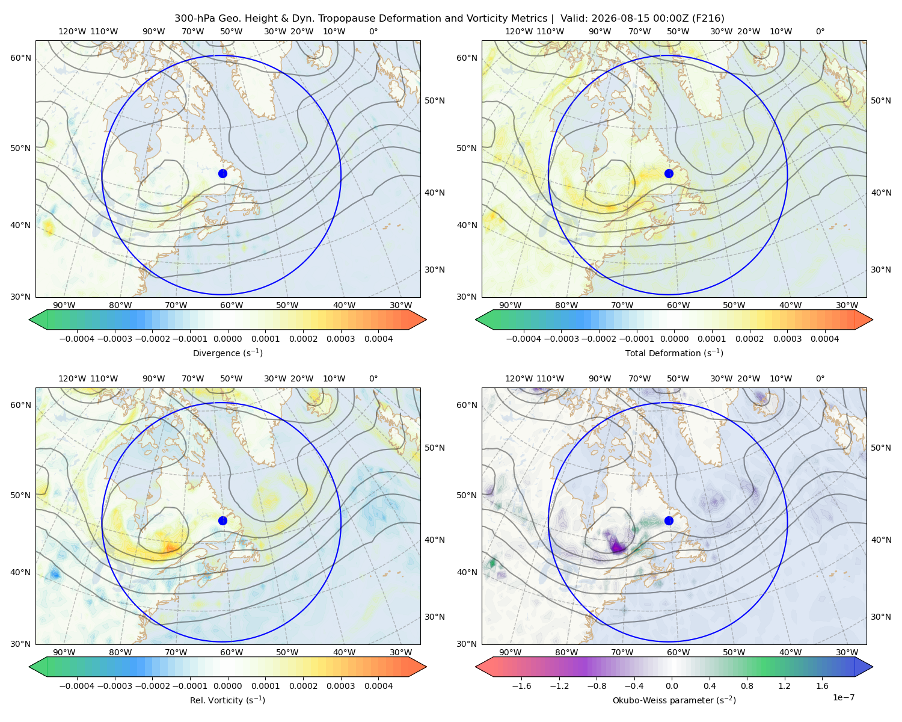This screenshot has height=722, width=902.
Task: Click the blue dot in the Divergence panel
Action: (222, 173)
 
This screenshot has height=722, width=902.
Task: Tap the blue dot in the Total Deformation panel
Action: (669, 173)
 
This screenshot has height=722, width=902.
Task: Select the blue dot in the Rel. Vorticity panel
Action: (222, 520)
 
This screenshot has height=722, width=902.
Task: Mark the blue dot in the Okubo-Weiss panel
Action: (669, 520)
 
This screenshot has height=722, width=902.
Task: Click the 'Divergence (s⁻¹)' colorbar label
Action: (227, 353)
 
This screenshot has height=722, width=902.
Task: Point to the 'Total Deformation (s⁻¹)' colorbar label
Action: (674, 353)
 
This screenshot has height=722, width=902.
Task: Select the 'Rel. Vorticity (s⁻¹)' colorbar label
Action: (227, 700)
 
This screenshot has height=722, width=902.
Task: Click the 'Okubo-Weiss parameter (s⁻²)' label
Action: (674, 700)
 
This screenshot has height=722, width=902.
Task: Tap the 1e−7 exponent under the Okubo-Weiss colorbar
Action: (843, 697)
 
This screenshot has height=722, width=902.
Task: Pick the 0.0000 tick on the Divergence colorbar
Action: (227, 339)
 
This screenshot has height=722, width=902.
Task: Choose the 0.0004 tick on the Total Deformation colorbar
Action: (824, 339)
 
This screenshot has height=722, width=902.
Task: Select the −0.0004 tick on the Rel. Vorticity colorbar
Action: (77, 686)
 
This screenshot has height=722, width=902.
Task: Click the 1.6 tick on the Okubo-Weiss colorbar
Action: (822, 686)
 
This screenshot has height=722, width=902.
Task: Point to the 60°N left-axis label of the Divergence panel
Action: (20, 58)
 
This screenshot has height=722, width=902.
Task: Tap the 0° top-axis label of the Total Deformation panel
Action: (820, 31)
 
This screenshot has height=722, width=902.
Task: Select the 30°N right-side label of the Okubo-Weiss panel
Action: (880, 617)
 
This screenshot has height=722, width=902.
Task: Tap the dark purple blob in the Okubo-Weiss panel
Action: (616, 546)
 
